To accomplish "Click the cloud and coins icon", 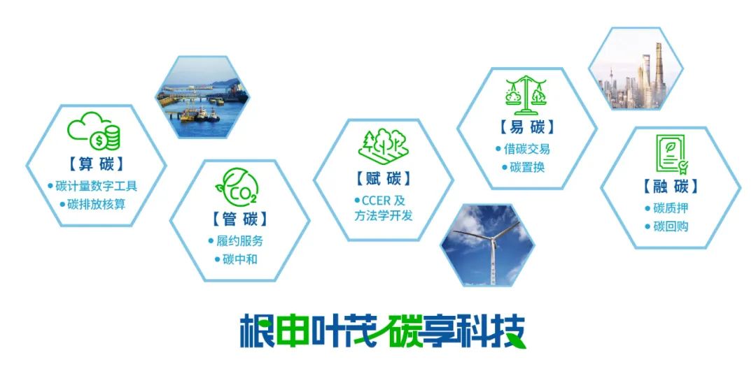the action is coord(94,131).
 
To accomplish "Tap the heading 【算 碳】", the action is coord(96,164).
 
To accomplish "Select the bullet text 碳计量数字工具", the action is coord(97,186).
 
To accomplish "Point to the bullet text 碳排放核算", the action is coord(97,204).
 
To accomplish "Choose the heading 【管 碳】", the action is coord(239,219).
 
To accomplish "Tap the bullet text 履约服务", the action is coord(239,240).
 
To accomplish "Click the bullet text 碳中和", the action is coord(240,259).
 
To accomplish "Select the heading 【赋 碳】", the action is coord(384,179).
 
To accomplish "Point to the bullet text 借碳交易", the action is coord(527,149).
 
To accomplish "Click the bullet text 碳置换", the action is coord(527,168).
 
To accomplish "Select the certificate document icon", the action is coord(671,154).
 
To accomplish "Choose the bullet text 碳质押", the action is coord(671,208).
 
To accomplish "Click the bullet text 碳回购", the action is coord(671,226).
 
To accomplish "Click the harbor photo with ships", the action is coord(202,97).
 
